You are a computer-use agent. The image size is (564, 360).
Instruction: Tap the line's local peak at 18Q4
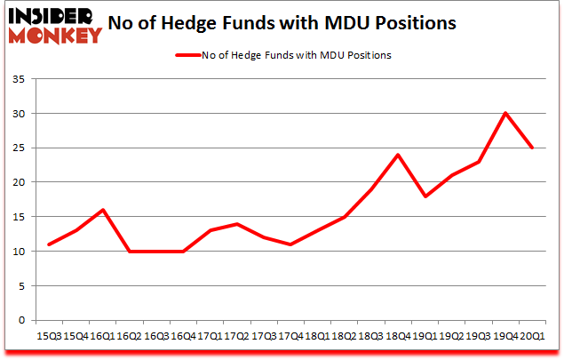coord(397,155)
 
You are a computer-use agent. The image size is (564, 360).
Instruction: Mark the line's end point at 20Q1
coord(531,148)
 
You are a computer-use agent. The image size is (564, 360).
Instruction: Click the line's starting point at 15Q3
coord(48,244)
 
